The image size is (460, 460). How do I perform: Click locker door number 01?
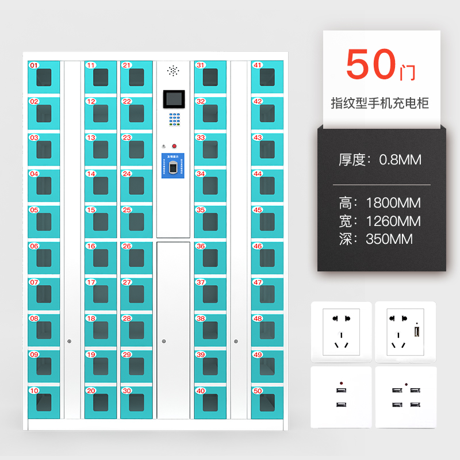tap(44, 76)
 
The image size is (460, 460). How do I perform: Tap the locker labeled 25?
tap(136, 221)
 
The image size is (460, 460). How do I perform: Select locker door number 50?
tap(267, 402)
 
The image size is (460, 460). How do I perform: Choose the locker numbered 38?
tap(210, 329)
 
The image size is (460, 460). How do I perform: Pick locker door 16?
tap(101, 258)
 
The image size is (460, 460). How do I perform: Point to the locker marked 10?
tap(44, 402)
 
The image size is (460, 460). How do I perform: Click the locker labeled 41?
tap(267, 76)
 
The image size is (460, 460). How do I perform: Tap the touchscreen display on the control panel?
tap(173, 99)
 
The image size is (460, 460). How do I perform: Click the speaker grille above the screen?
tap(173, 71)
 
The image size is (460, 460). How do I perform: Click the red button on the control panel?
tap(174, 146)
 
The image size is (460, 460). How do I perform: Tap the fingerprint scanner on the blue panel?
tap(174, 168)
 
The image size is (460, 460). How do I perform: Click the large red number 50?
tap(371, 66)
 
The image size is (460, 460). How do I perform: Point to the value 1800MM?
tap(393, 203)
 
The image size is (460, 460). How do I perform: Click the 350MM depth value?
tap(389, 239)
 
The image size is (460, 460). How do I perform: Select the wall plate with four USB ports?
tap(405, 397)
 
